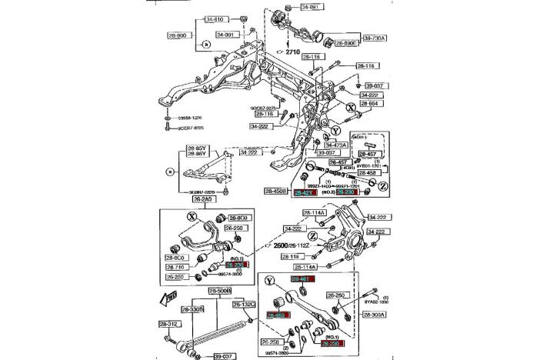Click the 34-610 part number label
(192, 20)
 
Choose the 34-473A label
(336, 144)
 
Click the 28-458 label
(366, 173)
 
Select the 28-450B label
(276, 191)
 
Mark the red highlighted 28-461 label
(302, 278)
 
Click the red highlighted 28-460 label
(277, 315)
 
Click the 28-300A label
(375, 315)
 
